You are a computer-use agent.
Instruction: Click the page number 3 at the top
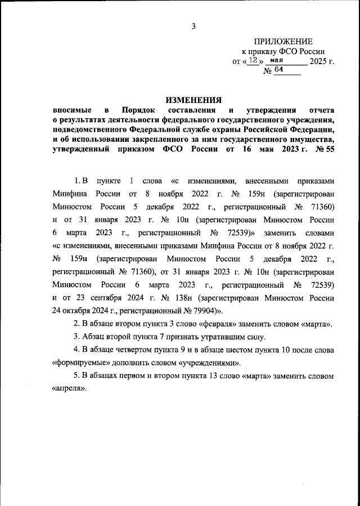click(193, 26)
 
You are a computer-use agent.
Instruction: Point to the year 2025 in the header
click(316, 61)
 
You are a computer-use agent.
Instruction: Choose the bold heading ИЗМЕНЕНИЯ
click(194, 98)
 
